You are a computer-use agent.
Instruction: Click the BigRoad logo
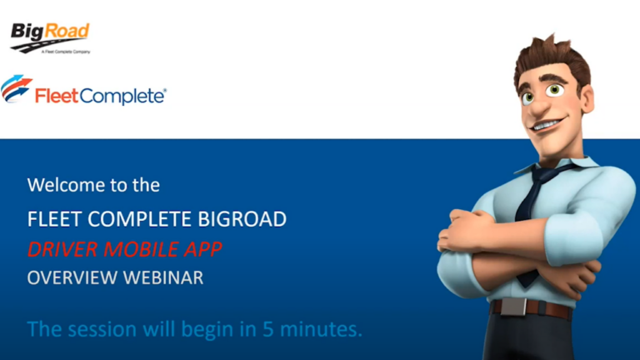50,34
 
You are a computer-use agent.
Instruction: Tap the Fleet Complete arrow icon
17,88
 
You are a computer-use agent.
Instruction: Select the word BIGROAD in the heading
242,220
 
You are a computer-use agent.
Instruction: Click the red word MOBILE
134,249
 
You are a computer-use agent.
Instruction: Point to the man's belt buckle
512,307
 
